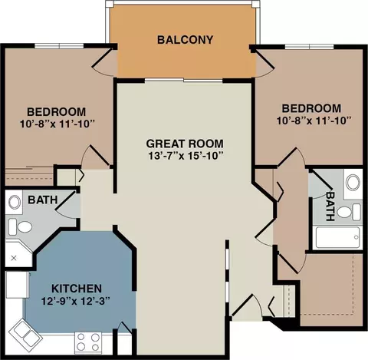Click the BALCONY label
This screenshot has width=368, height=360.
[x=185, y=40]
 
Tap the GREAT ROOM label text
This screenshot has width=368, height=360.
[x=185, y=144]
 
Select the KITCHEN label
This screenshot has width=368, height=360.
[x=77, y=289]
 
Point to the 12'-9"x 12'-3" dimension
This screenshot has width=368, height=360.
[x=76, y=301]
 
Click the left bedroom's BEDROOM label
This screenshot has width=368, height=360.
[x=57, y=112]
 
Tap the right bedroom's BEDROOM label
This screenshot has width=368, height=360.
[x=311, y=108]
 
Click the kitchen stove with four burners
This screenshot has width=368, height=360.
[x=88, y=342]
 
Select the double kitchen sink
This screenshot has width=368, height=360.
[x=25, y=332]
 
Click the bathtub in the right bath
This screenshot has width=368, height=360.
[x=338, y=237]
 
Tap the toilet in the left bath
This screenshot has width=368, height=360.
[x=21, y=226]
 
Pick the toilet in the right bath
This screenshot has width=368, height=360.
[x=349, y=212]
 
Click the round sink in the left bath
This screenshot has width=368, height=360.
[x=15, y=202]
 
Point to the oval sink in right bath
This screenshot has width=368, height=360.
[x=353, y=183]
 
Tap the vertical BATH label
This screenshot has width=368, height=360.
[x=330, y=206]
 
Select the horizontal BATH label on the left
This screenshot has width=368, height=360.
[x=43, y=200]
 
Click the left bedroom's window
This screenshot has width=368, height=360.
[x=59, y=46]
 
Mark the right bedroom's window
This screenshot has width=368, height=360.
[x=309, y=47]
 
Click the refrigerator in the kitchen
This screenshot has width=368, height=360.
[x=17, y=285]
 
